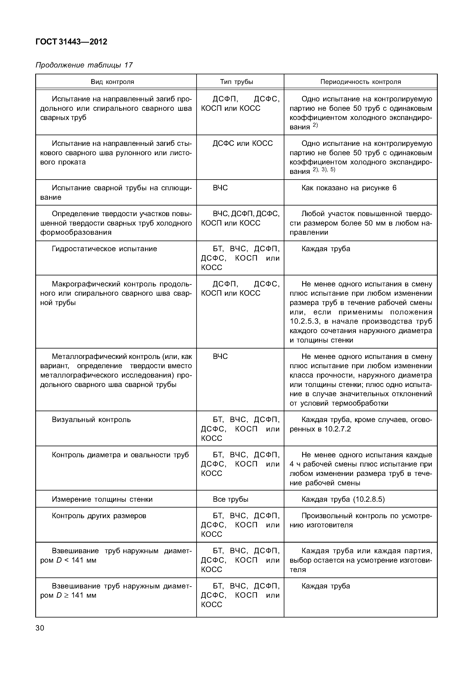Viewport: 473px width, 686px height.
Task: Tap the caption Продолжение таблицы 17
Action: (x=84, y=65)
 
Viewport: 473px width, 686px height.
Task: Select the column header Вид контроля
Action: (x=112, y=82)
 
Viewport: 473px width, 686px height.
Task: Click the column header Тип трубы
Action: (x=236, y=82)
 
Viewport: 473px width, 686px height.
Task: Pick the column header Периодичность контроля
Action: (x=360, y=82)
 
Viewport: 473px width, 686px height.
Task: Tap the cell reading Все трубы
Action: (x=230, y=500)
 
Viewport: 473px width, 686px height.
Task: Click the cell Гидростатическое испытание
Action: (x=104, y=249)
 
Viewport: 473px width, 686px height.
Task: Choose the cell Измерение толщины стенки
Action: (x=102, y=500)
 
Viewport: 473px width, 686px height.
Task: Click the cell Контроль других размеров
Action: (x=99, y=516)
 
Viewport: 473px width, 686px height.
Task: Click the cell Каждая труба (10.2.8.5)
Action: (x=343, y=500)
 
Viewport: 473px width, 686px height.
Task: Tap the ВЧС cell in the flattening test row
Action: (x=220, y=188)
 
